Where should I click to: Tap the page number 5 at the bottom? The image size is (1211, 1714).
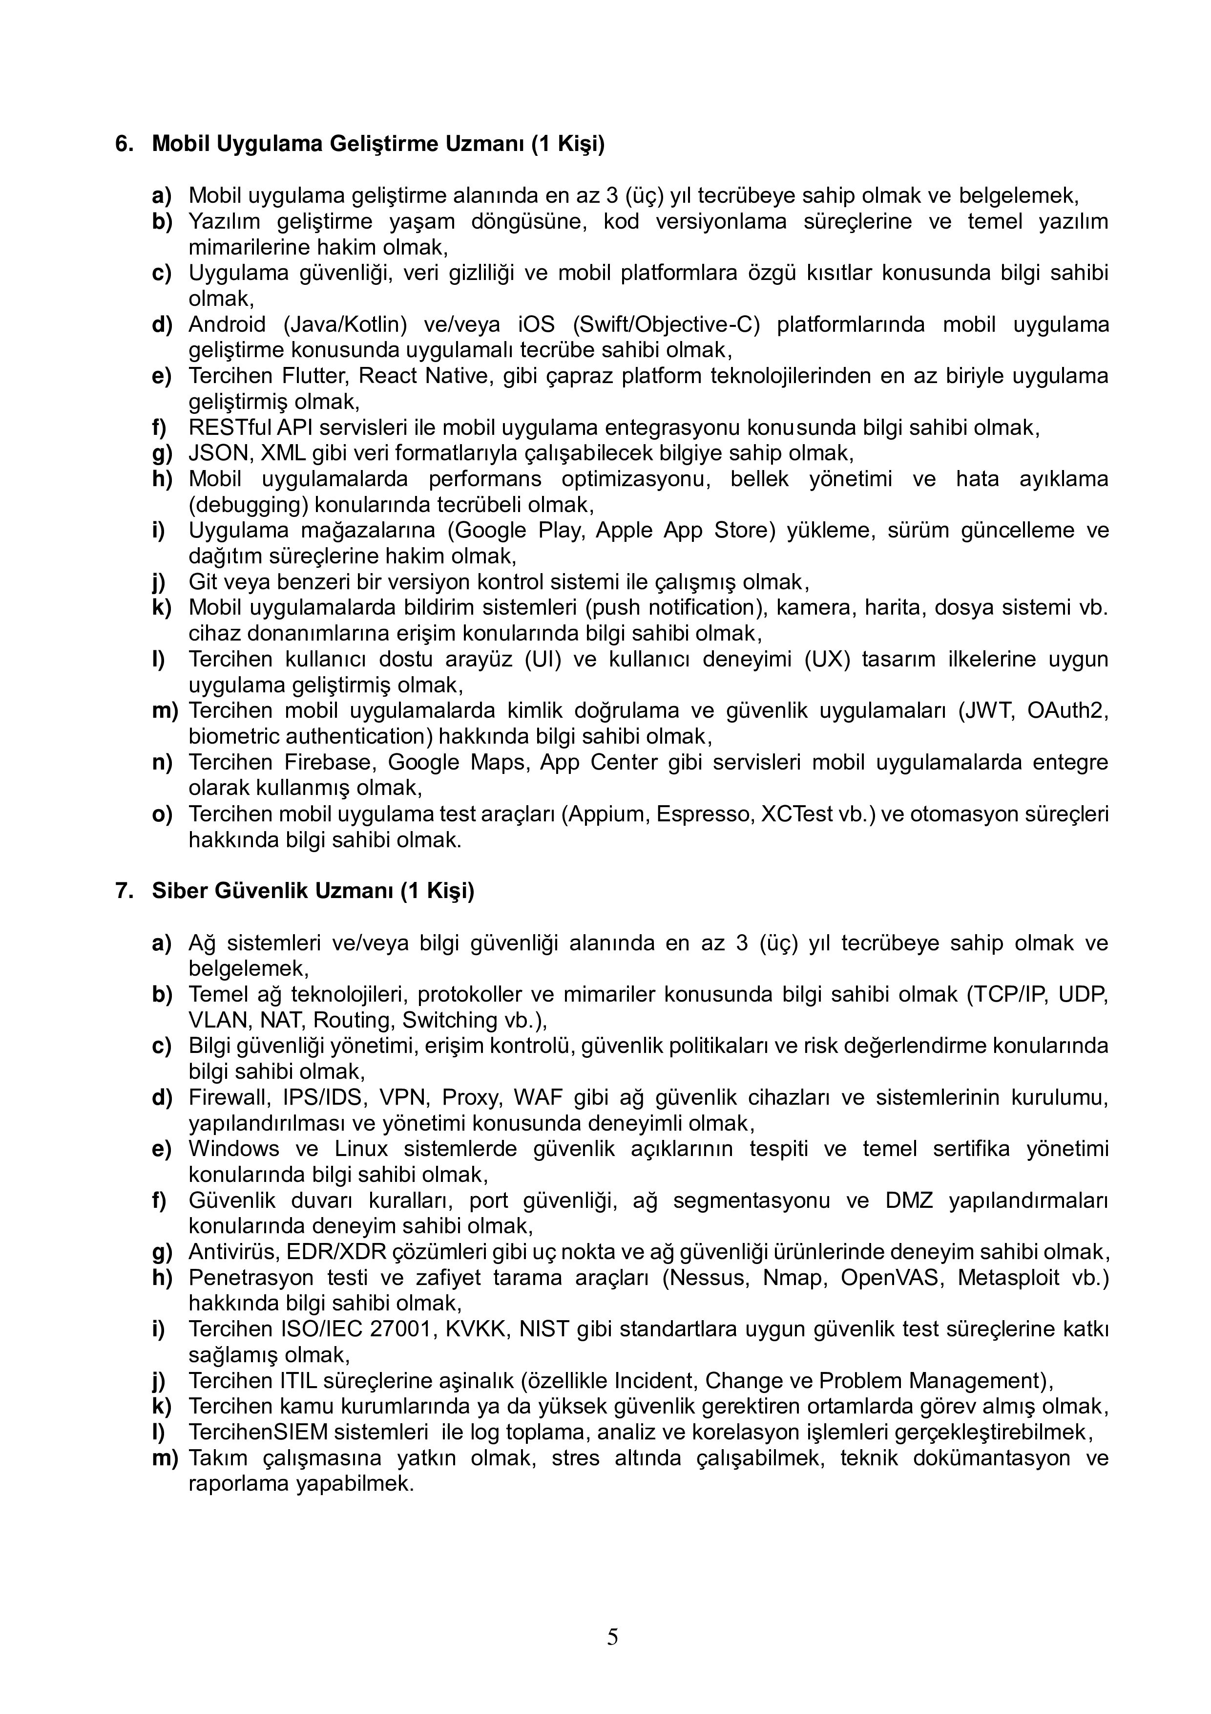pos(612,1637)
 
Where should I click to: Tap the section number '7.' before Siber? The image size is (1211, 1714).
pos(124,891)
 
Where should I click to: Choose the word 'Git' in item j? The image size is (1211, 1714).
pos(200,581)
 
